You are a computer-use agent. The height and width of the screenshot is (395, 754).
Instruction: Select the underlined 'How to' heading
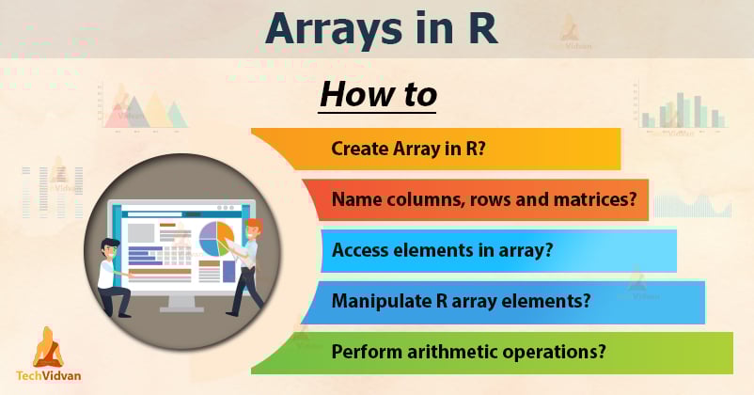tap(378, 94)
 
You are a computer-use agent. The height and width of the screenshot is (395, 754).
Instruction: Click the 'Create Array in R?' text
tap(408, 149)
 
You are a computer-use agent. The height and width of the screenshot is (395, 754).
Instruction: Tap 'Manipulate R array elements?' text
tap(461, 302)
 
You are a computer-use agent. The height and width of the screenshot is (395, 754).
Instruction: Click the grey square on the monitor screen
tap(141, 232)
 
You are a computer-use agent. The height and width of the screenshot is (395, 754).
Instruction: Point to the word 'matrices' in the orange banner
tap(598, 199)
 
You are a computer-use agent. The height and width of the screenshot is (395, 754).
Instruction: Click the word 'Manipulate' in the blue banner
tap(378, 302)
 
